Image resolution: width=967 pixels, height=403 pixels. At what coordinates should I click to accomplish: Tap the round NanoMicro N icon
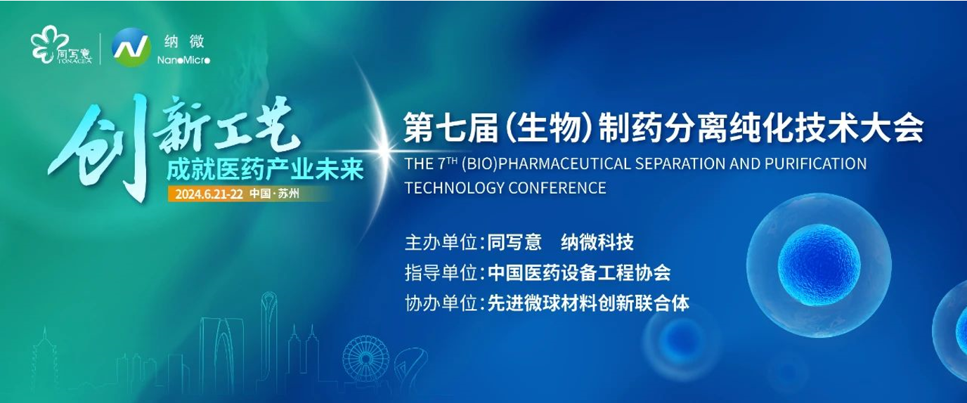131,47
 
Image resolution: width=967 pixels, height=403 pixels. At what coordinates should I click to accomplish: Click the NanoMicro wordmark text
183,60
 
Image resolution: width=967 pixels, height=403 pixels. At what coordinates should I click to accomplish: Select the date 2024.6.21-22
209,194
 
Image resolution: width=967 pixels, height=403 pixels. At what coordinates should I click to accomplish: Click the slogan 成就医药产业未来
265,169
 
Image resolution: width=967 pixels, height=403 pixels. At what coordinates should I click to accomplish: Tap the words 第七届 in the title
451,128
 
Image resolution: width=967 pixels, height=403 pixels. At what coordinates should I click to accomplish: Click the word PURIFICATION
815,164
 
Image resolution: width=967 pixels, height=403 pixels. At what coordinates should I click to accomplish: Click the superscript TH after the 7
452,160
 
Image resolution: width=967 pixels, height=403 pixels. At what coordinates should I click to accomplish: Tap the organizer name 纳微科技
597,242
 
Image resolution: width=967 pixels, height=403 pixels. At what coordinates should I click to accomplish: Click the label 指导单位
441,272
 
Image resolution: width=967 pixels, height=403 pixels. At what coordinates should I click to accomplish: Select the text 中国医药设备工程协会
579,272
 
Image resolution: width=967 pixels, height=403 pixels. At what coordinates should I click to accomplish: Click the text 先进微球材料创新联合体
588,303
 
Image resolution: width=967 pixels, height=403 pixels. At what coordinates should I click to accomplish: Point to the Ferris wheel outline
365,359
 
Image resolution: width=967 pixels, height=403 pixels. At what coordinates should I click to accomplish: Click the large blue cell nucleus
819,265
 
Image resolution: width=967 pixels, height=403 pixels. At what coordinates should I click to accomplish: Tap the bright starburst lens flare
383,150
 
